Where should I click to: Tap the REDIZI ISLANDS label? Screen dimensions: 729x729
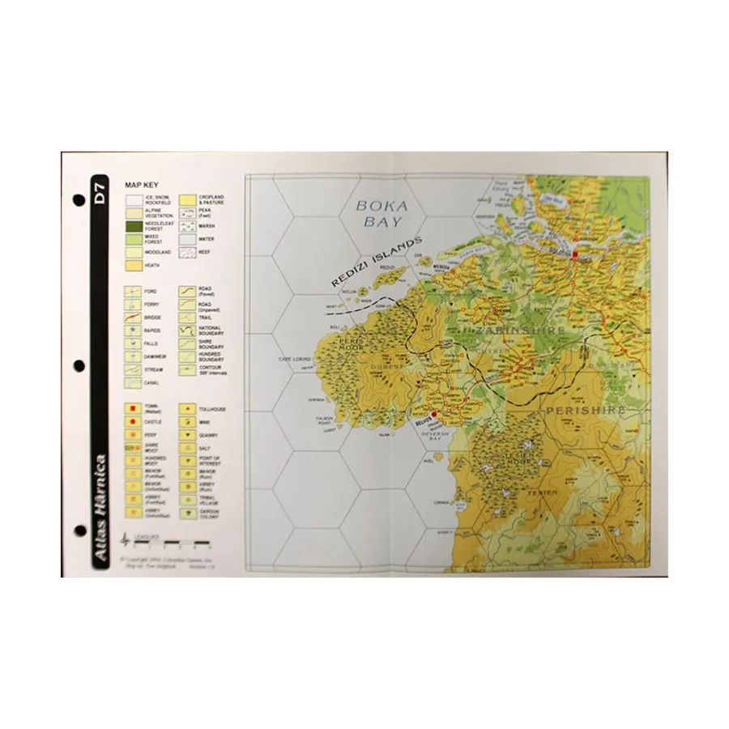coord(376,262)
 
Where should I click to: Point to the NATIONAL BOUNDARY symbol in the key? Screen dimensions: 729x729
coord(189,331)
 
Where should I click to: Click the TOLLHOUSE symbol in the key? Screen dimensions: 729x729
coord(189,410)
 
